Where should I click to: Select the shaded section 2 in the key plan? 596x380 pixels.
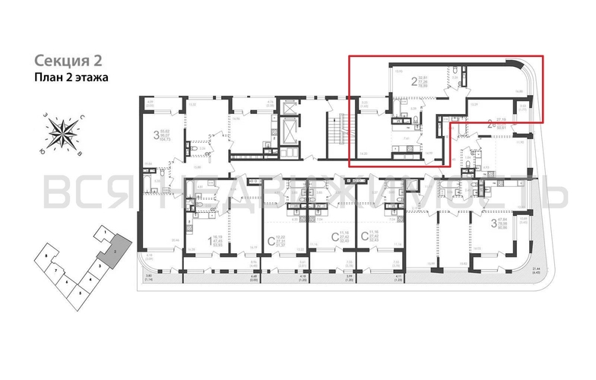click(x=115, y=249)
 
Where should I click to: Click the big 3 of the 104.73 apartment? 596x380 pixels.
click(x=156, y=137)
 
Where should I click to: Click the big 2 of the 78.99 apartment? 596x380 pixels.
click(x=414, y=80)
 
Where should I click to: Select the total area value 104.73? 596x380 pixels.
click(x=166, y=141)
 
